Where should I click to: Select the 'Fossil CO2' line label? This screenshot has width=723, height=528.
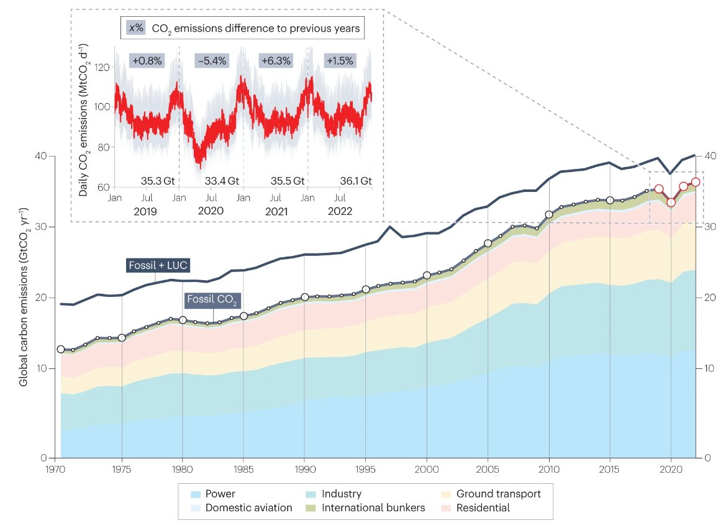[x=213, y=301]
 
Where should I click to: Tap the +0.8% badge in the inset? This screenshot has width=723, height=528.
[x=147, y=61]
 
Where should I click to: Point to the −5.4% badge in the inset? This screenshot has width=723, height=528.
[x=212, y=61]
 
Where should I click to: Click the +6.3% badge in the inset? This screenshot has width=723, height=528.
[x=276, y=61]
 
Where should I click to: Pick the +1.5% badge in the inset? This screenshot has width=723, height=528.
[x=340, y=61]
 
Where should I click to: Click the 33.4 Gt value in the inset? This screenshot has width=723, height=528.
[x=222, y=181]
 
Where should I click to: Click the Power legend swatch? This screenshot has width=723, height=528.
[x=196, y=494]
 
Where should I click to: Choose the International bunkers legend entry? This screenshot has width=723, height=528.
[x=373, y=508]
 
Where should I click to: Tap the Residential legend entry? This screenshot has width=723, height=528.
[x=483, y=508]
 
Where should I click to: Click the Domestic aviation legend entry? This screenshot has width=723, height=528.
[x=249, y=508]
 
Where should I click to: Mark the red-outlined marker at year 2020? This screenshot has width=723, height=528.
[x=671, y=203]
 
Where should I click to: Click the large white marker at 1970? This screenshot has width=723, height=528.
[x=61, y=349]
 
